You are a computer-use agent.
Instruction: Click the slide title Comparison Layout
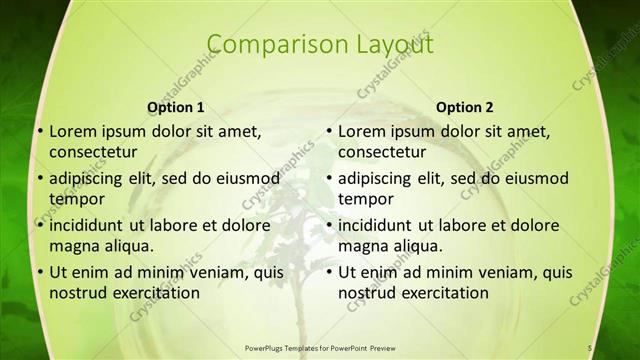pos(320,44)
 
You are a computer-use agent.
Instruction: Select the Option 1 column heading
pos(176,107)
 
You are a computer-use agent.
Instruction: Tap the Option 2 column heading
pos(464,107)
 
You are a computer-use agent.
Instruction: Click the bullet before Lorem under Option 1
pos(39,131)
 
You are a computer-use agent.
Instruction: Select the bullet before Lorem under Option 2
pos(328,131)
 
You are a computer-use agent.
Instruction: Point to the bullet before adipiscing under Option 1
pos(39,179)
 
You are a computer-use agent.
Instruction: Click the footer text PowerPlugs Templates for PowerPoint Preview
pos(320,347)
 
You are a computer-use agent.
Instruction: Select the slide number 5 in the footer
pos(590,347)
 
